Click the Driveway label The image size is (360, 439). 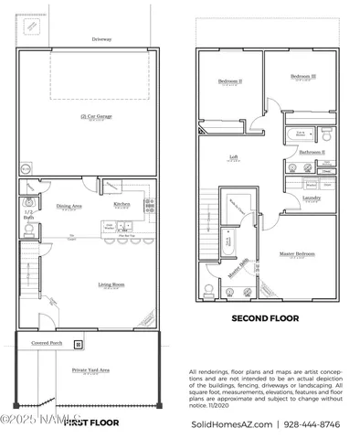pyautogui.click(x=101, y=39)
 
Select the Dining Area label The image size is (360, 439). pyautogui.click(x=71, y=206)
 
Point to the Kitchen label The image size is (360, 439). pyautogui.click(x=122, y=204)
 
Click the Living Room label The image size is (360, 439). pyautogui.click(x=111, y=285)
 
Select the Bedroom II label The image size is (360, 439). pyautogui.click(x=229, y=80)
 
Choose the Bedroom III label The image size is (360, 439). pyautogui.click(x=302, y=77)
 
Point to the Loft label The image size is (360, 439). pyautogui.click(x=233, y=157)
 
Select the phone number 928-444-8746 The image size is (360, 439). pyautogui.click(x=316, y=425)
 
